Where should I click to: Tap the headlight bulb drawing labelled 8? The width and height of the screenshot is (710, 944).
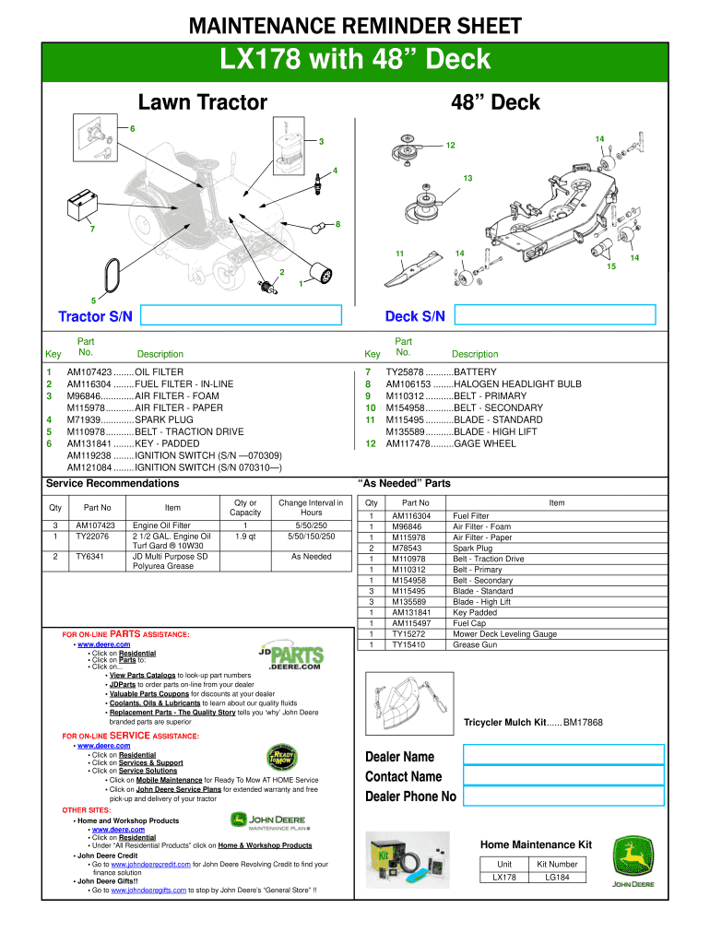click(x=318, y=225)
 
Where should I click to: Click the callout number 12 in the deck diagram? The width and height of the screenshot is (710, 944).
click(x=450, y=146)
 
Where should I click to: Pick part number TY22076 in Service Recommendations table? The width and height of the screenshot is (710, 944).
click(x=92, y=536)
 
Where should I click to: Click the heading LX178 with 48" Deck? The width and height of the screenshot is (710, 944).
click(x=355, y=62)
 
